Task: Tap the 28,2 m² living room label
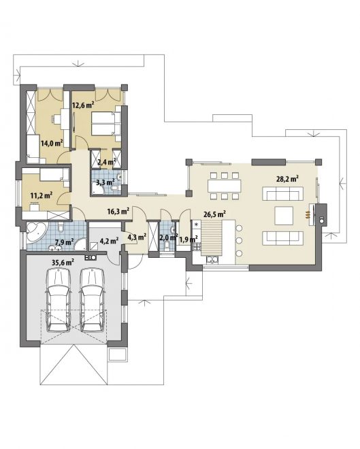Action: [x=288, y=179]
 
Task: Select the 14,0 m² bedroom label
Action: [x=52, y=143]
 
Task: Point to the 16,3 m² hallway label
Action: [x=118, y=212]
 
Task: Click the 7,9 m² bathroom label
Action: [x=64, y=242]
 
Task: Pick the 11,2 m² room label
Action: [x=42, y=195]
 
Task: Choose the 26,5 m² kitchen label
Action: [x=214, y=214]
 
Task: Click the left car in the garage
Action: [x=59, y=300]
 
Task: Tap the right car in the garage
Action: [x=93, y=300]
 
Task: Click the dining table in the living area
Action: [x=225, y=186]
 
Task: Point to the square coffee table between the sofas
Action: [x=284, y=216]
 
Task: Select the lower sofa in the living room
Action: [x=282, y=238]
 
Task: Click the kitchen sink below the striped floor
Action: [x=212, y=259]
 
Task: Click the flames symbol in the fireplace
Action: [x=308, y=216]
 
